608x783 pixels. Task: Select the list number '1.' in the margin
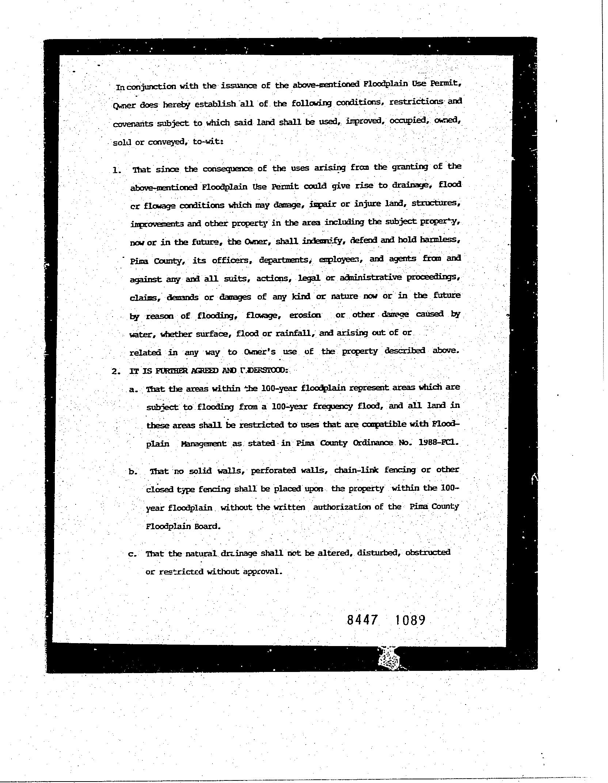[x=117, y=170]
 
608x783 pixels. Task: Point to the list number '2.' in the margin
[x=116, y=371]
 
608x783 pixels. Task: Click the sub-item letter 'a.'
[x=133, y=390]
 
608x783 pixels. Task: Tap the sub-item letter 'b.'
[x=133, y=472]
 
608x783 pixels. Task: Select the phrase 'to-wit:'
[x=208, y=141]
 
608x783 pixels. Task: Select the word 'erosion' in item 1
[x=305, y=315]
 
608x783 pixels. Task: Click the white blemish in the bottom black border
[x=389, y=659]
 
